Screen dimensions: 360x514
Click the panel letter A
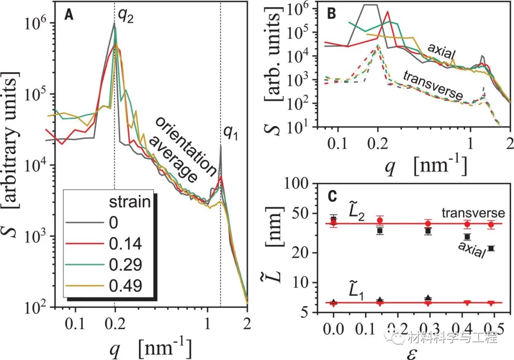69,15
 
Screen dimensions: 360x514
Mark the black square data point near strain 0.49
491,248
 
